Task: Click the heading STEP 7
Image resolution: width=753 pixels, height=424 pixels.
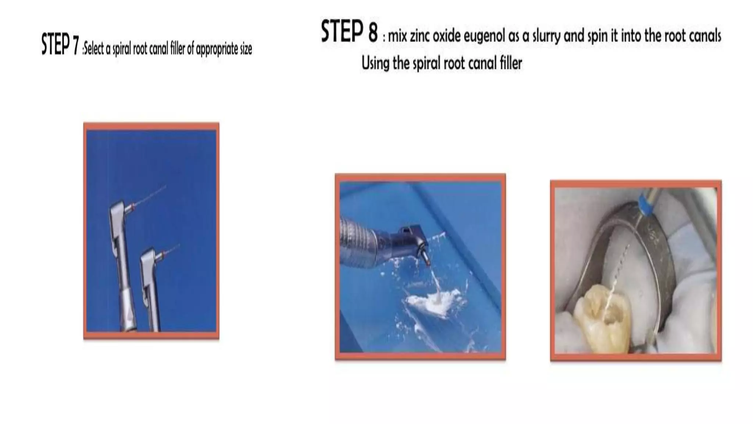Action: pyautogui.click(x=60, y=45)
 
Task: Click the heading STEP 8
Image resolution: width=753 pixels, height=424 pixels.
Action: pyautogui.click(x=349, y=31)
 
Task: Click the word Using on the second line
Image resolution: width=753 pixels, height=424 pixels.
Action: pyautogui.click(x=375, y=63)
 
